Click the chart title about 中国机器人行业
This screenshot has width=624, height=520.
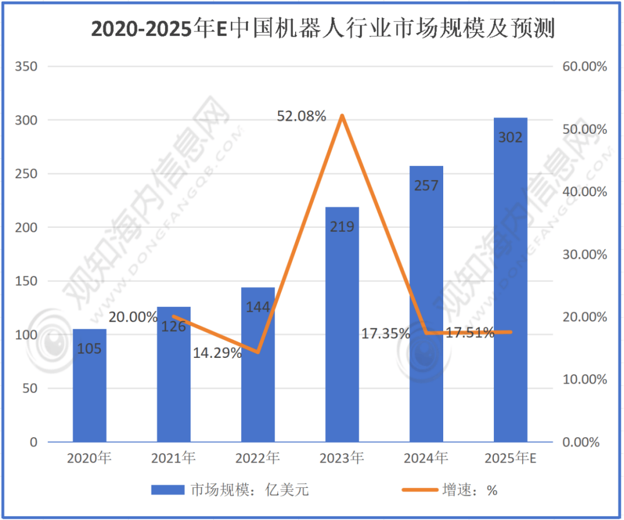click(323, 29)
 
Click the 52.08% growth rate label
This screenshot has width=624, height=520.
click(301, 116)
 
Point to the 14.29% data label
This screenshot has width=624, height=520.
click(217, 353)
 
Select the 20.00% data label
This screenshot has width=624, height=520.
click(133, 317)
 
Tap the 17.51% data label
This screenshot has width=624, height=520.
click(470, 333)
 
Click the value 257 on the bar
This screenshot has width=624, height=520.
click(426, 185)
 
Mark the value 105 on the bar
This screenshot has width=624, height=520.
click(89, 349)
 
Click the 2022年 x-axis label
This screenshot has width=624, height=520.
click(257, 458)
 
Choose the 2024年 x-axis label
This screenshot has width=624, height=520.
click(426, 458)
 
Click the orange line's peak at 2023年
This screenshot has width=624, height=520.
click(342, 116)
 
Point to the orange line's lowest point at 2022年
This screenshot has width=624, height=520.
click(258, 352)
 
